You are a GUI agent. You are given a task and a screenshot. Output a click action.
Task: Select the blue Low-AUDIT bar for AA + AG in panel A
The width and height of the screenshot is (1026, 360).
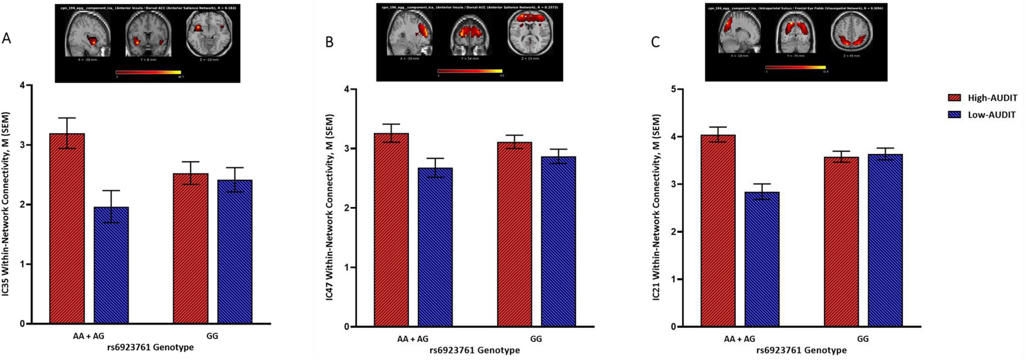tap(111, 265)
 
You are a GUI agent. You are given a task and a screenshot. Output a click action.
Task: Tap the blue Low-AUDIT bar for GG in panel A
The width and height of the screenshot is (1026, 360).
tap(235, 252)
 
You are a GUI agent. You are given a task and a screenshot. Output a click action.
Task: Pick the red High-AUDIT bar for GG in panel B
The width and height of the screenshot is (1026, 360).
tap(515, 234)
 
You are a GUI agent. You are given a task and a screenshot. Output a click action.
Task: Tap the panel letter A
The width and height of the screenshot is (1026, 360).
tap(6, 38)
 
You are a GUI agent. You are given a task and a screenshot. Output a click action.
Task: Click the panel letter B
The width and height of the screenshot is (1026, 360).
tap(329, 42)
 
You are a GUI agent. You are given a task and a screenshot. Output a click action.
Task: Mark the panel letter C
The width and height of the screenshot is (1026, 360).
tap(655, 42)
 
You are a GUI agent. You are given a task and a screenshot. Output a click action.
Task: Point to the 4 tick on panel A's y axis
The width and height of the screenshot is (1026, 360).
tap(22, 85)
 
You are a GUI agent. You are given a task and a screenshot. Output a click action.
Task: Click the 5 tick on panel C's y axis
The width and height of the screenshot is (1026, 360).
tap(674, 89)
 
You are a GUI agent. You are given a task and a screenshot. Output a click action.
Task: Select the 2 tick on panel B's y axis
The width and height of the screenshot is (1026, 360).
tap(347, 208)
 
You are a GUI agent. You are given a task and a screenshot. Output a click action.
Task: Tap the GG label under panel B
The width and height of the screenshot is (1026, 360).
tap(536, 339)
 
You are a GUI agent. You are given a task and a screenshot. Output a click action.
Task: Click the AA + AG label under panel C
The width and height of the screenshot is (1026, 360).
tap(739, 339)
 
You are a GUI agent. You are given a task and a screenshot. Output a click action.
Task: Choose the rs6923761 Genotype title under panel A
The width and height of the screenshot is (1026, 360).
tap(150, 347)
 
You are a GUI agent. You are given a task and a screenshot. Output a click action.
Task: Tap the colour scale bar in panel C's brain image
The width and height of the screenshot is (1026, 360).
tap(795, 67)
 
